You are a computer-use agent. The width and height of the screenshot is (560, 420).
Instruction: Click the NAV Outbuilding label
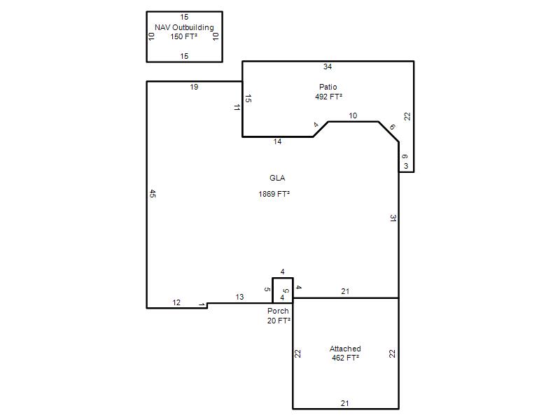(x=184, y=27)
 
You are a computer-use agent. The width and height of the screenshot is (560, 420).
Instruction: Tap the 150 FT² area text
(x=184, y=36)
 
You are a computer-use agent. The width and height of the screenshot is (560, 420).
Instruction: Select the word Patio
(x=328, y=87)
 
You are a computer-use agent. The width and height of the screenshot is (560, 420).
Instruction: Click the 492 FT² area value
(x=328, y=97)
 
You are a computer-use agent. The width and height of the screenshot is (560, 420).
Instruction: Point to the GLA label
(x=277, y=178)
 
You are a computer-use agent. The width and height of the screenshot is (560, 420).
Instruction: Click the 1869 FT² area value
(x=274, y=194)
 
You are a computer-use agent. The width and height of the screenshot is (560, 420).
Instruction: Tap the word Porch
(x=278, y=311)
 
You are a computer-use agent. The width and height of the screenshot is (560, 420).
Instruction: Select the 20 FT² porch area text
(x=279, y=321)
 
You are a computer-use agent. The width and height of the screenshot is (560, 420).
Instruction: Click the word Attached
(x=345, y=349)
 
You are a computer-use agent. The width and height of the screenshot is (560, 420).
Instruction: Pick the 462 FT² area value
(x=345, y=358)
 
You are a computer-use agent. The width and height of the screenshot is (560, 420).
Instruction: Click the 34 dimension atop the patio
(x=328, y=66)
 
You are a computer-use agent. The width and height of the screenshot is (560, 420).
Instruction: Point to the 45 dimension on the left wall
(x=153, y=194)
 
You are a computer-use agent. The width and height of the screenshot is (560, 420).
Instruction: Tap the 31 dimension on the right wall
(x=393, y=218)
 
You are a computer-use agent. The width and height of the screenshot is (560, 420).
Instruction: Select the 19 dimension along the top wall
(x=194, y=87)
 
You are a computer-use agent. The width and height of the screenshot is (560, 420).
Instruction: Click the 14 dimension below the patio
(x=277, y=142)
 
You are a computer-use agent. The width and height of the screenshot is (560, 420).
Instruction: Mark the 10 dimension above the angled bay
(x=353, y=115)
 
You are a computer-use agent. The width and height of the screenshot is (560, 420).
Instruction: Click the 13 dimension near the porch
(x=239, y=297)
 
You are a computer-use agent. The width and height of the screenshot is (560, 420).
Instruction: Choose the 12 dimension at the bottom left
(x=176, y=302)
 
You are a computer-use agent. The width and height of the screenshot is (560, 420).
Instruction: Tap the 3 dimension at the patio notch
(x=406, y=166)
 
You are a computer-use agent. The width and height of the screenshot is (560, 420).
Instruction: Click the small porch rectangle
(x=272, y=290)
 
